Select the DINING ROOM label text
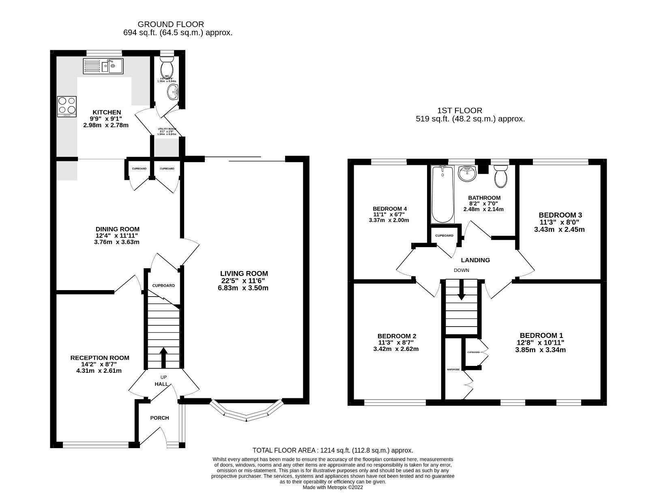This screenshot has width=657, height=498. [x=118, y=229]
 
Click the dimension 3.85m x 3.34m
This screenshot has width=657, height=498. [x=540, y=350]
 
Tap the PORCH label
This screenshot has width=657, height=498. [x=159, y=418]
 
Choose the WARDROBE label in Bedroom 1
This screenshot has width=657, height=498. [x=453, y=370]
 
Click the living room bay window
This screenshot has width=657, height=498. [x=246, y=413]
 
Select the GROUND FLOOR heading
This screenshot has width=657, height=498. [x=171, y=24]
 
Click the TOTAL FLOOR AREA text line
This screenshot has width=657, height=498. [x=333, y=450]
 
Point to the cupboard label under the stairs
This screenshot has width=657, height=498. [x=163, y=286]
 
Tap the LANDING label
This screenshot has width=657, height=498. [x=475, y=260]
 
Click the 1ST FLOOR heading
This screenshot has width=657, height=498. [x=459, y=110]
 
